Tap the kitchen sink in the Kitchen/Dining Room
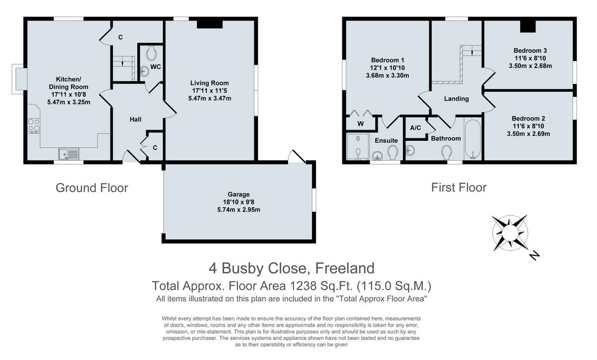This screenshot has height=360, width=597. pyautogui.click(x=69, y=154)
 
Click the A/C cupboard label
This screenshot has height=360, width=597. pyautogui.click(x=415, y=128)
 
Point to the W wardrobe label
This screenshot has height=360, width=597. pyautogui.click(x=360, y=123)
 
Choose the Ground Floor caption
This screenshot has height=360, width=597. pyautogui.click(x=92, y=188)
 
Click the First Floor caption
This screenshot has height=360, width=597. pyautogui.click(x=458, y=188)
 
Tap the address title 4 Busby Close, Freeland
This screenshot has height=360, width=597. pyautogui.click(x=291, y=269)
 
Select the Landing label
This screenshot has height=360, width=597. pyautogui.click(x=456, y=98)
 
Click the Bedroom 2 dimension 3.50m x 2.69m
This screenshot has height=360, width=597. pyautogui.click(x=529, y=134)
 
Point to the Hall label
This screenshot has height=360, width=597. pyautogui.click(x=135, y=119)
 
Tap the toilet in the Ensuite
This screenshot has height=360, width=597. pyautogui.click(x=393, y=152)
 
